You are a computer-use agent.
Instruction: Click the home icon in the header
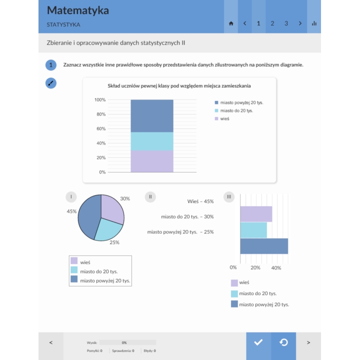click(231, 23)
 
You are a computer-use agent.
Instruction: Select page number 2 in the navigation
click(272, 23)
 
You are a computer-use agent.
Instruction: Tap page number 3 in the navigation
click(286, 23)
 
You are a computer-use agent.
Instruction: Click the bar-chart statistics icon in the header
click(314, 23)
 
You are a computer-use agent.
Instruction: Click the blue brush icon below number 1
click(51, 83)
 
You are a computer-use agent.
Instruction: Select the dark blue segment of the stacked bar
click(152, 115)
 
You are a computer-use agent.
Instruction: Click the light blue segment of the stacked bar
click(152, 141)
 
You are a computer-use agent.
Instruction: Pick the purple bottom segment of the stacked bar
click(152, 161)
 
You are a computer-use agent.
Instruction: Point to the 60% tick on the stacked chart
click(100, 128)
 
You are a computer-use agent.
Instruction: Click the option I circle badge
click(73, 197)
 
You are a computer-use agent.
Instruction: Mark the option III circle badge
click(229, 197)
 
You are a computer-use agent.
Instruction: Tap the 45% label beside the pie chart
click(71, 211)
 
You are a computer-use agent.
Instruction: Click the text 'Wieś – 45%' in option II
click(200, 201)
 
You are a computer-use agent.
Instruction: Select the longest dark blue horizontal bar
click(263, 246)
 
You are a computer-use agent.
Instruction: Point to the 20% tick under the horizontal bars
click(255, 267)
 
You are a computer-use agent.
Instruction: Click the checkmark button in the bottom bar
click(258, 342)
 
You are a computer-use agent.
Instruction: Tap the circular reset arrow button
click(283, 342)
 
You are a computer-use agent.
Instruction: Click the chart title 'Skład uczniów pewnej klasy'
click(179, 86)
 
